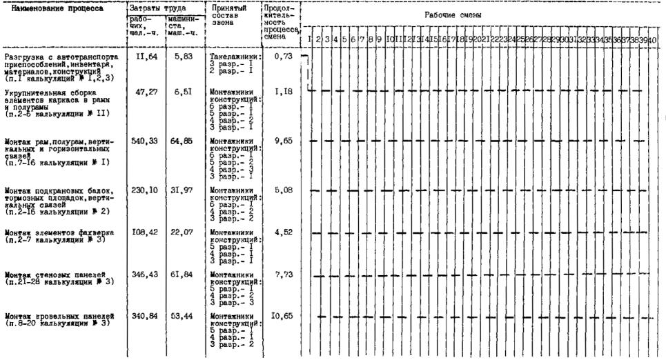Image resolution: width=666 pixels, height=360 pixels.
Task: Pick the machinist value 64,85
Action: click(x=182, y=140)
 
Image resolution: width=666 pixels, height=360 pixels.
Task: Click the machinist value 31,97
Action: click(x=182, y=189)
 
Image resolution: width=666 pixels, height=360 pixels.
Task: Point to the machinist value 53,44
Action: click(x=182, y=317)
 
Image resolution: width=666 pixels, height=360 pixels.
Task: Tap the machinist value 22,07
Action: click(x=182, y=232)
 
